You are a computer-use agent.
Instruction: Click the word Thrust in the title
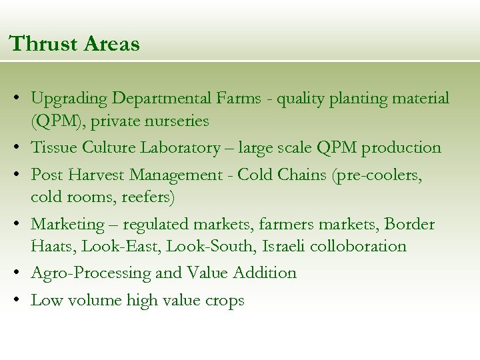coord(45,44)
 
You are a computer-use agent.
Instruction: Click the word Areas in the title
coord(113,44)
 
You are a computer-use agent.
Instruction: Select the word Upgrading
coord(69,99)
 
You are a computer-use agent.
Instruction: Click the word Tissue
coord(51,147)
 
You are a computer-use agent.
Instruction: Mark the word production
coord(401,148)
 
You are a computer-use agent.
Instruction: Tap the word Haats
coord(53,246)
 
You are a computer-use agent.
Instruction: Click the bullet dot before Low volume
coord(15,300)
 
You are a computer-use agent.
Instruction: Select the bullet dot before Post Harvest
coord(15,175)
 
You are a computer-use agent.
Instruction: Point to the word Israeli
coord(285,246)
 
